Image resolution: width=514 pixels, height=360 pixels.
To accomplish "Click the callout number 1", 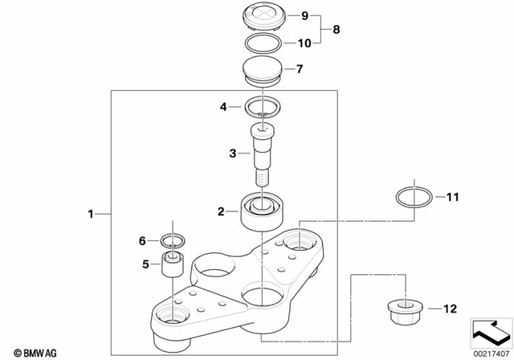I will (92, 214).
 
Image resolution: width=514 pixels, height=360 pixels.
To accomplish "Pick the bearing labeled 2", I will (263, 211).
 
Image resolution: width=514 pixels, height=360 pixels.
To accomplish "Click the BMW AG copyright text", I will (29, 352).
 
